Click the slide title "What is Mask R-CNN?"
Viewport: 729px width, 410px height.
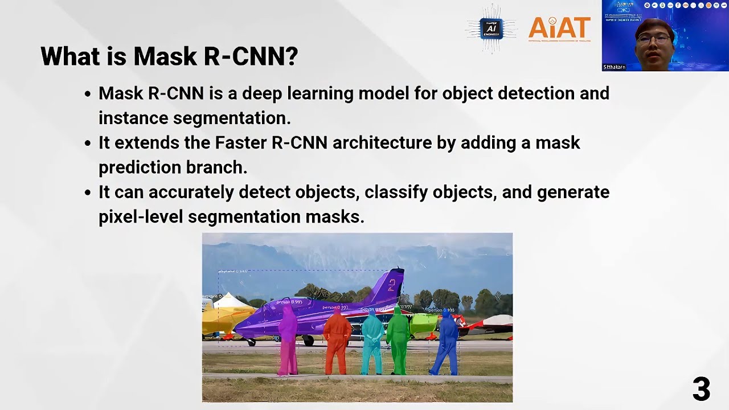coord(169,56)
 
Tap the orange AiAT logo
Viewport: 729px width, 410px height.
coord(559,28)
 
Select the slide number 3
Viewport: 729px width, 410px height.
coord(701,389)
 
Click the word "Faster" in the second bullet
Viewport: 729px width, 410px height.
coord(240,142)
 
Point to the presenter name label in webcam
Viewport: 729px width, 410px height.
coord(615,67)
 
